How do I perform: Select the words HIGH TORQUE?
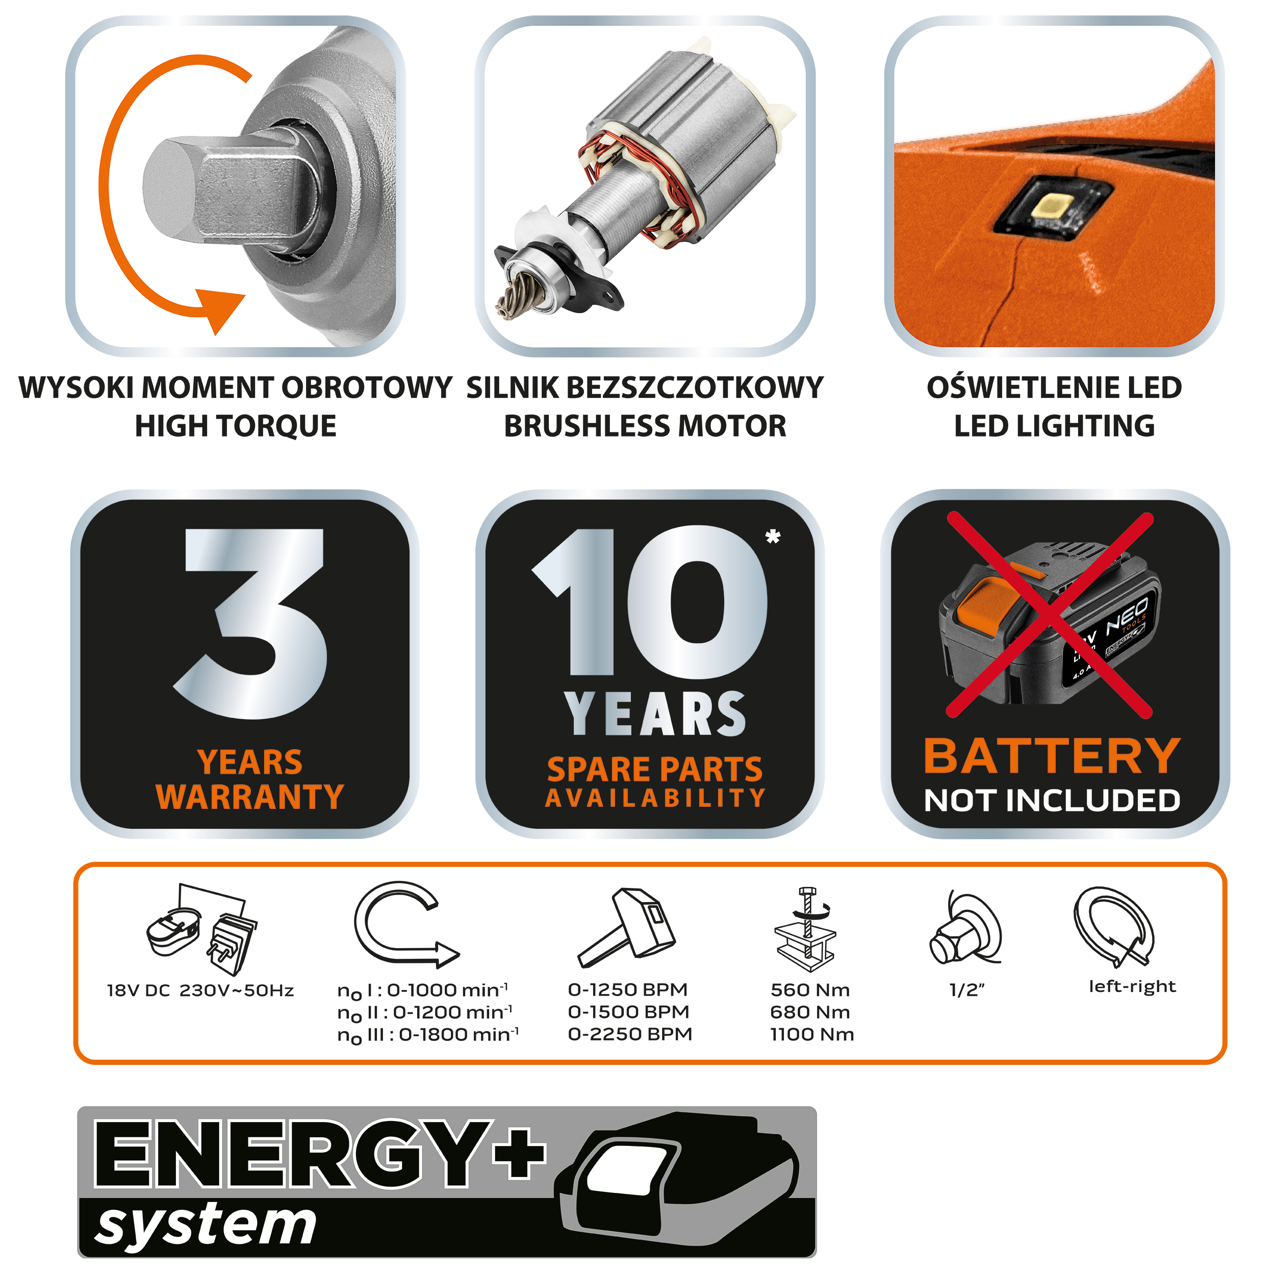236,426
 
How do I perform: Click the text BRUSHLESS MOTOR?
645,426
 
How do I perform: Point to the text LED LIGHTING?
1054,426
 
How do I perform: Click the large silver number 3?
251,624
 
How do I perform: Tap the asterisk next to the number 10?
773,537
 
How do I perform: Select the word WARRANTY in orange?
249,797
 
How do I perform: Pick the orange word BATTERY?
1052,756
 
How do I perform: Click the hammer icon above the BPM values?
626,928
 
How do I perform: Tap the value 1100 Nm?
812,1034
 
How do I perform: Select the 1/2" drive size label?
967,990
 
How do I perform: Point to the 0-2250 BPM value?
629,1034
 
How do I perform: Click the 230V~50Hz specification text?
236,990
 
